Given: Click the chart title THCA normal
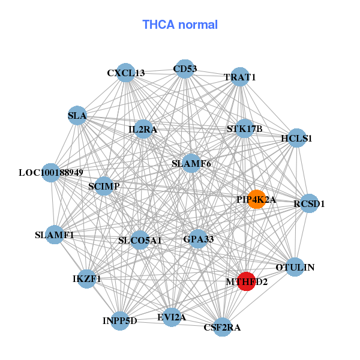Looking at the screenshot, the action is tap(180, 25).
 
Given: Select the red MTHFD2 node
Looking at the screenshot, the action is tap(246, 281).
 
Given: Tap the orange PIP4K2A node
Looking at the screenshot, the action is tap(257, 200).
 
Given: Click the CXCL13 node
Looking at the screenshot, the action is tap(125, 73).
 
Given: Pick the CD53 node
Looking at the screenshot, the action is tap(184, 69).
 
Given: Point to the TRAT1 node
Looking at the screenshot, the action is tap(240, 77).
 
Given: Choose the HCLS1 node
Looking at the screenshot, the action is tap(297, 138).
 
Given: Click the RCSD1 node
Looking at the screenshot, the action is tap(309, 203).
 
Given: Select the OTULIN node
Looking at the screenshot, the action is tap(295, 267).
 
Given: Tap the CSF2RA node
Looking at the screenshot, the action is tap(222, 327).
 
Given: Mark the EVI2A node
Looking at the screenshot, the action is tap(172, 317).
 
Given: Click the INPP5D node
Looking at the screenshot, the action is tap(120, 320).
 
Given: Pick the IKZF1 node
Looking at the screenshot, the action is tap(87, 279).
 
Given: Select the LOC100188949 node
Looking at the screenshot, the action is tap(51, 173).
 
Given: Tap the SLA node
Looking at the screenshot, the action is tap(77, 115).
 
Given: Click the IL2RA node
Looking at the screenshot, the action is tap(143, 128).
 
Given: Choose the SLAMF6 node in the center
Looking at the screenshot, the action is tap(191, 163).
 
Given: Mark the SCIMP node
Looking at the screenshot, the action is tap(104, 187).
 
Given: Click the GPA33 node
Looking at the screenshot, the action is tap(198, 239).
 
